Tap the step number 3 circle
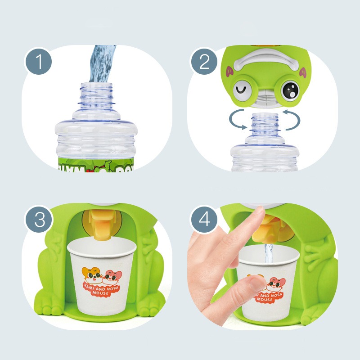[40, 220]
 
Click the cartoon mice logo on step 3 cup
[100, 274]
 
